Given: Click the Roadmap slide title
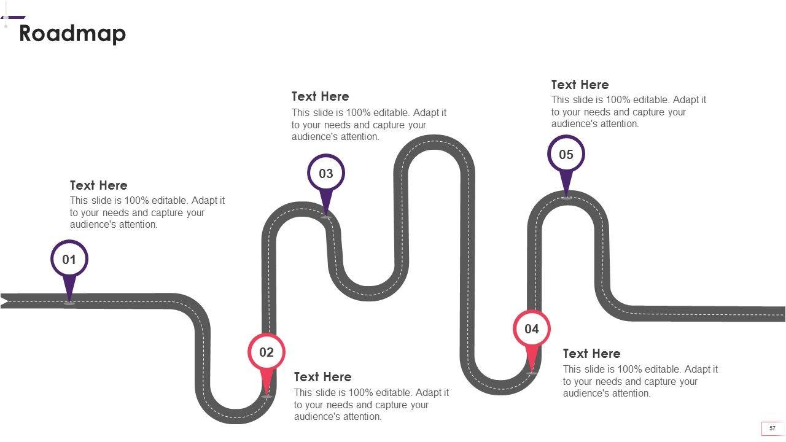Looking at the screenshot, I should tap(72, 33).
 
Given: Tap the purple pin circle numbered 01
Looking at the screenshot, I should tap(69, 259).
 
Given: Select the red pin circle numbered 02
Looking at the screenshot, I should tap(267, 352).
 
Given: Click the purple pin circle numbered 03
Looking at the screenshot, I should tap(326, 173).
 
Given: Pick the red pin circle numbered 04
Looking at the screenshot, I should tap(532, 329).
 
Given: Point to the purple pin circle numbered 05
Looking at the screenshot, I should tap(566, 154).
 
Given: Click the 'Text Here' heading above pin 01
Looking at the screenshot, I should tap(99, 185).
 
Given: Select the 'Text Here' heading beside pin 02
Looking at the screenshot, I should tap(323, 377).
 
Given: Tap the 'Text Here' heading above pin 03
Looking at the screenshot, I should tap(321, 96).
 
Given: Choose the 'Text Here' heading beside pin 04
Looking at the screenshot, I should tap(592, 354).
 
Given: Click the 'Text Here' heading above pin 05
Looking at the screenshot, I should tap(580, 85).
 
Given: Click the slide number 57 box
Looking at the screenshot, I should tap(772, 428).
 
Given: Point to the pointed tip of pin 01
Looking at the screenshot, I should tap(69, 301).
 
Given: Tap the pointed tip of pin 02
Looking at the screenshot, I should tap(267, 395).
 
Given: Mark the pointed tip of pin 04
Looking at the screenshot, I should tap(532, 371).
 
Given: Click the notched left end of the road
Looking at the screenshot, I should tap(5, 301).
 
